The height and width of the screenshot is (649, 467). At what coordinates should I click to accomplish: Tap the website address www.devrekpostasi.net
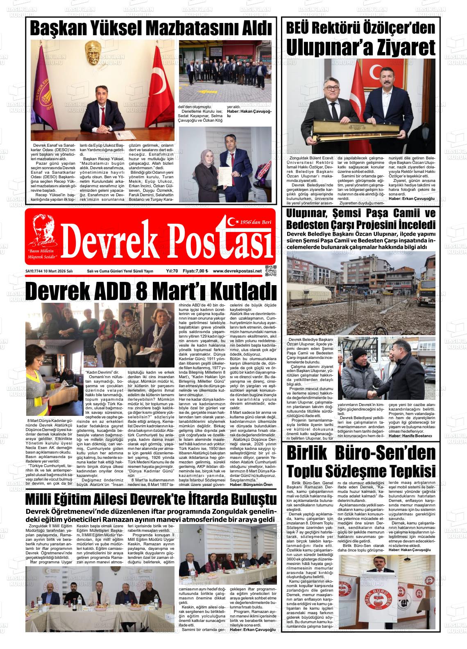pyautogui.click(x=237, y=271)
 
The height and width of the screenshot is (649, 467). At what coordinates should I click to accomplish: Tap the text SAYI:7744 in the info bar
pyautogui.click(x=34, y=271)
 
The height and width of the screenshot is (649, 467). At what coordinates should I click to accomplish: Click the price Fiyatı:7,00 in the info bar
pyautogui.click(x=195, y=271)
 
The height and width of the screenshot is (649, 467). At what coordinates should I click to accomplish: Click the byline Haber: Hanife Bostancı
pyautogui.click(x=410, y=436)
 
